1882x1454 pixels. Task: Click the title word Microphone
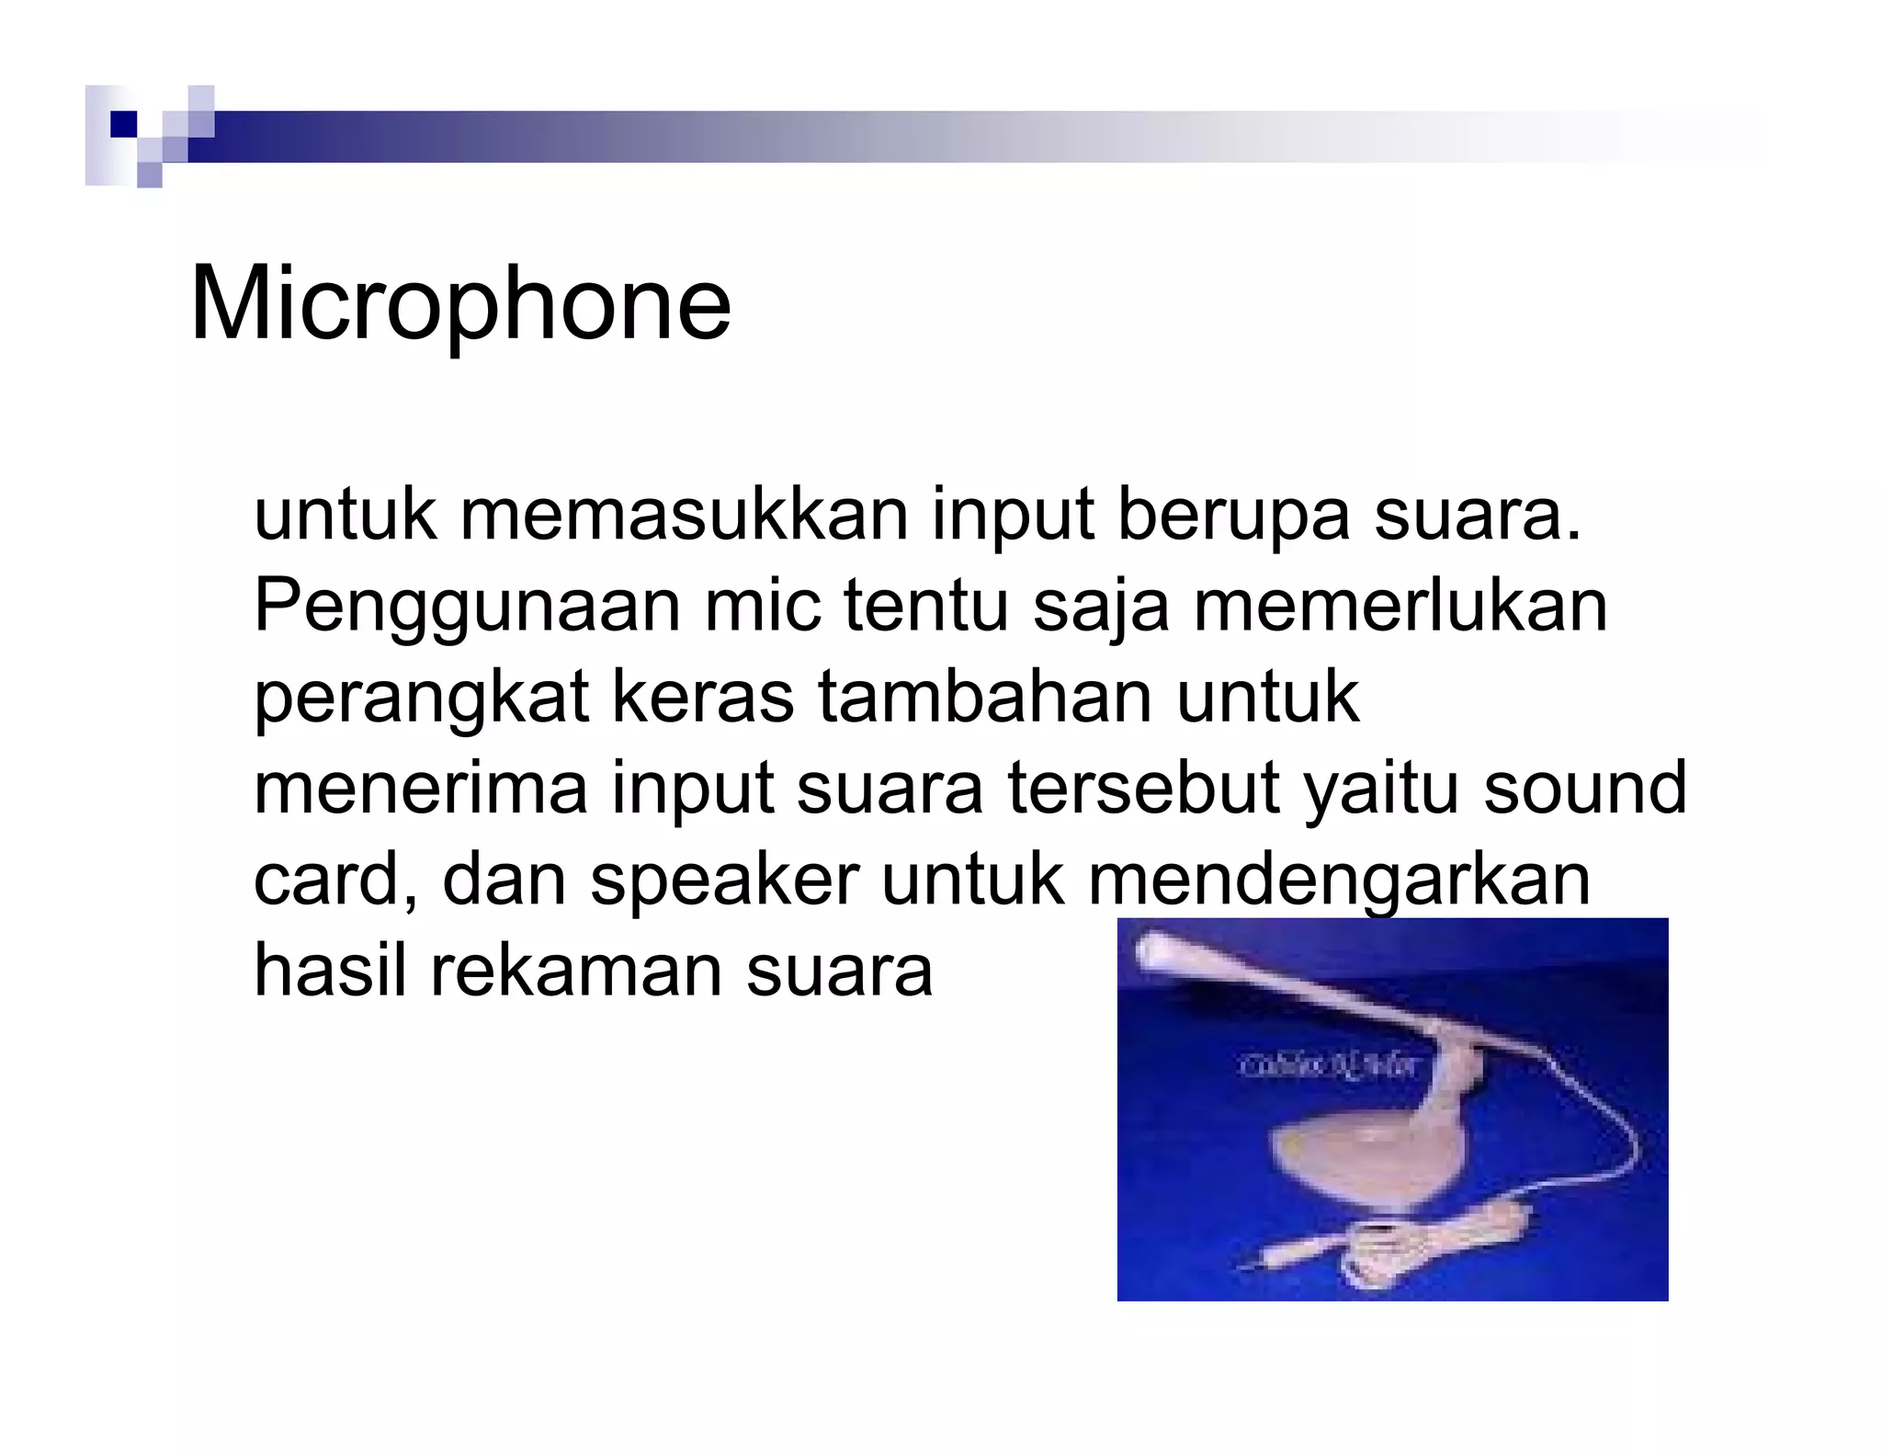coord(459,304)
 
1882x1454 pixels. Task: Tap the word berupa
coord(1232,517)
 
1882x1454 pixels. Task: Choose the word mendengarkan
coord(1338,880)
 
